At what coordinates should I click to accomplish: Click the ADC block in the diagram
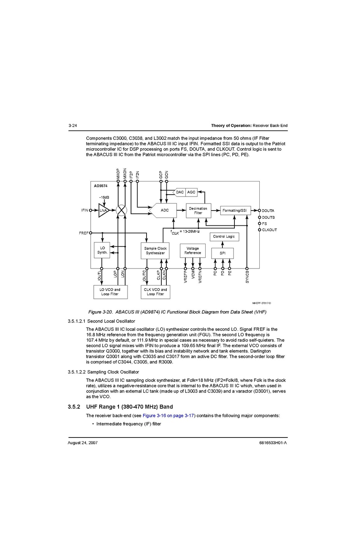coord(164,210)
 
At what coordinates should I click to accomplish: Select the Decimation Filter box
coord(198,211)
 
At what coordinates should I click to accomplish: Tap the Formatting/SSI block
coord(235,210)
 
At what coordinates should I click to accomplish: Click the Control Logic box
coord(224,236)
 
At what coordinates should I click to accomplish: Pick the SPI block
coord(222,253)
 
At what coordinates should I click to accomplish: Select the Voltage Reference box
coord(192,251)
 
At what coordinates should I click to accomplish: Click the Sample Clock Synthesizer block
coord(155,251)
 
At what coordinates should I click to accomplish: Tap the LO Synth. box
coord(102,250)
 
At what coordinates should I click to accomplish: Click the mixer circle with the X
coord(121,210)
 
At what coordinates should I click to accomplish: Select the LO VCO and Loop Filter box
coord(110,292)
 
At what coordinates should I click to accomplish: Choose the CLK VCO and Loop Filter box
coord(155,292)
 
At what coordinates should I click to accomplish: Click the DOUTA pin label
coord(268,211)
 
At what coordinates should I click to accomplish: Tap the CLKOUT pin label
coord(269,230)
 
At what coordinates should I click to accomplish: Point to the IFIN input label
coord(84,210)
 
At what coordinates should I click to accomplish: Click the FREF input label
coord(83,233)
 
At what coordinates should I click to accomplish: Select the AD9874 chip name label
coord(101,186)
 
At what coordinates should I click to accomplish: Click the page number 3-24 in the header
coord(72,125)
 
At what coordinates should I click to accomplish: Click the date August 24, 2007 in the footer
coord(82,443)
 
